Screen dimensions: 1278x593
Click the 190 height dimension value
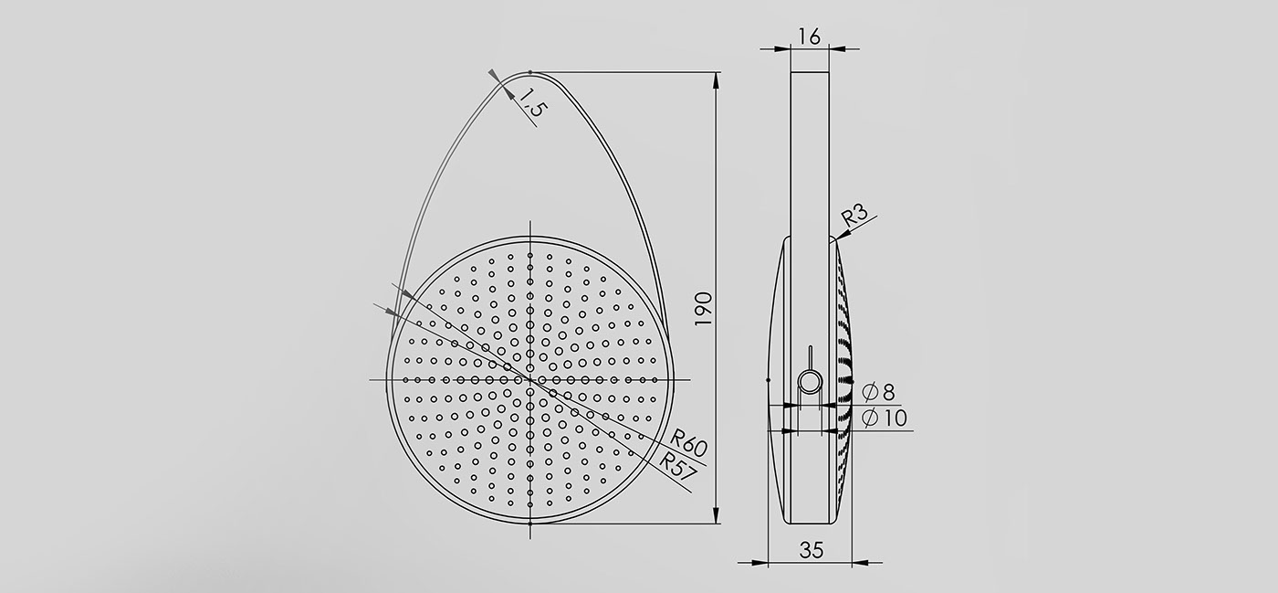[704, 309]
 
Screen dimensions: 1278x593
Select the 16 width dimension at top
[809, 37]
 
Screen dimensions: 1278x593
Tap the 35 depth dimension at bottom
[812, 549]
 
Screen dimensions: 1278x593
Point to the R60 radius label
[688, 442]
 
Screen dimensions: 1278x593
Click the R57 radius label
[677, 465]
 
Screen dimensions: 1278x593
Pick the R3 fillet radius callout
[854, 216]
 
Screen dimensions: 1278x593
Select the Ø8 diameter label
[878, 393]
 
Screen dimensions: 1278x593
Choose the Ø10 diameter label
[885, 418]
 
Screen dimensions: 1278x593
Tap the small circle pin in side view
[810, 382]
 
